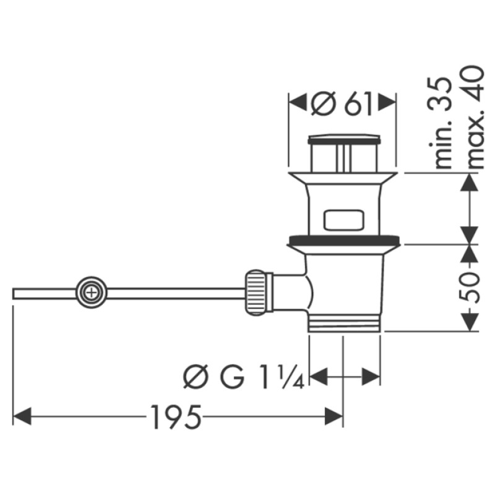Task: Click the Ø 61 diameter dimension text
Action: pyautogui.click(x=343, y=103)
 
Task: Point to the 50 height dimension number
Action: pyautogui.click(x=471, y=286)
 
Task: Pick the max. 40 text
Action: pyautogui.click(x=475, y=117)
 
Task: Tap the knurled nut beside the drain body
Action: pyautogui.click(x=259, y=291)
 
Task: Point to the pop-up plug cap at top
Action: pyautogui.click(x=343, y=137)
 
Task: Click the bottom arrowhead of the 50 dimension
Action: pyautogui.click(x=471, y=322)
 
